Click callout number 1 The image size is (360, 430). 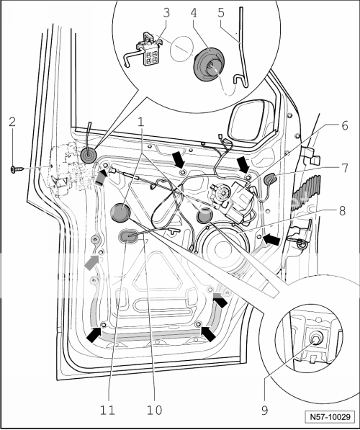click(x=141, y=123)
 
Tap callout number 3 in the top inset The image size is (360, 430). click(x=166, y=12)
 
